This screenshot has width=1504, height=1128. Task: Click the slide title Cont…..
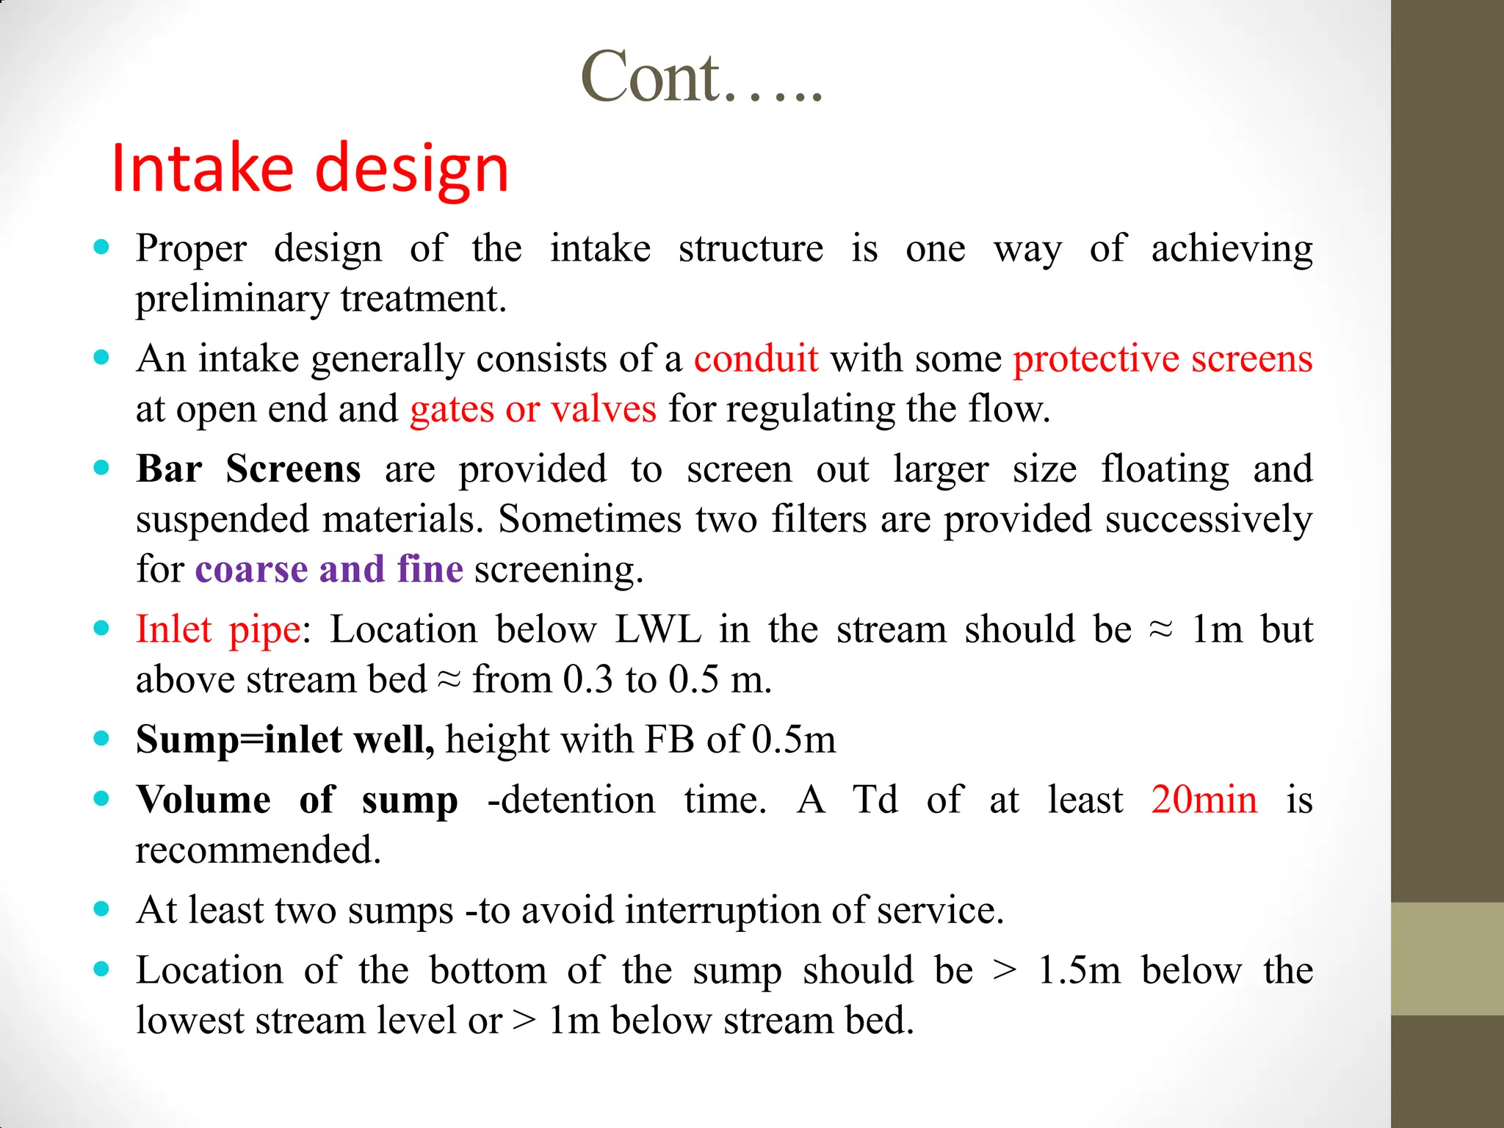(x=701, y=77)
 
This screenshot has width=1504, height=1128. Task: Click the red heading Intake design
(x=310, y=169)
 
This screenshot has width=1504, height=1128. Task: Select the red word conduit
(x=756, y=359)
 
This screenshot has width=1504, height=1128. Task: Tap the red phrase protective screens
(x=1163, y=359)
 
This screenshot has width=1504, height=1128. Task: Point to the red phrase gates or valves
(x=533, y=409)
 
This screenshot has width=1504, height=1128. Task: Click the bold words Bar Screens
(x=248, y=469)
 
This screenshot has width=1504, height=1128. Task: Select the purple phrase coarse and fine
(x=329, y=569)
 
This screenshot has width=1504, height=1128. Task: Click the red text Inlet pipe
(x=218, y=629)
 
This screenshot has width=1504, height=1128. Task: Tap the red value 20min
(x=1204, y=800)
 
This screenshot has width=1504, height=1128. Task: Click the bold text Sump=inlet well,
(x=285, y=740)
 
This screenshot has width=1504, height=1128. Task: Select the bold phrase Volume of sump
(x=297, y=800)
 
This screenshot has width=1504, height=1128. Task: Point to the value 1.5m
(x=1079, y=970)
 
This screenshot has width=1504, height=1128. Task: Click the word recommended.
(x=258, y=850)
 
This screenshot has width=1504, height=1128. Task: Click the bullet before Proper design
(x=102, y=247)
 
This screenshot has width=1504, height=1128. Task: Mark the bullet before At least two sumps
(x=102, y=909)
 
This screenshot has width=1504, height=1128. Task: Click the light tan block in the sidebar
(x=1447, y=958)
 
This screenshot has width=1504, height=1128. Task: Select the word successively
(x=1208, y=519)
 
